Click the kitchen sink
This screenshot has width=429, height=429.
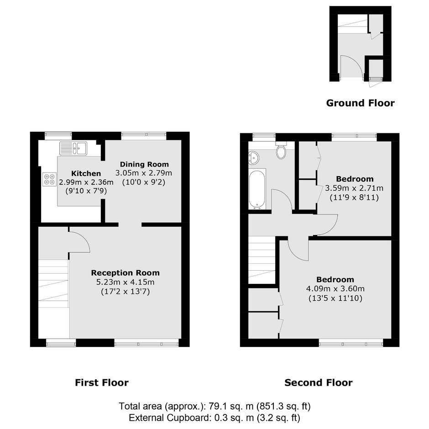point(73,149)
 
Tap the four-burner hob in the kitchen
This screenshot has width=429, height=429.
point(50,179)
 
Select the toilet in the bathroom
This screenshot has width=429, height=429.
point(281,150)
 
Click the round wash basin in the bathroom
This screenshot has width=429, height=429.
point(254,158)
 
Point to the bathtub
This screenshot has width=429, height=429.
point(257,189)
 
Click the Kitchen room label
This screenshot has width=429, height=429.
point(86,173)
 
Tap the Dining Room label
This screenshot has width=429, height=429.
point(144,164)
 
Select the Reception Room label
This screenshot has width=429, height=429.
point(126,273)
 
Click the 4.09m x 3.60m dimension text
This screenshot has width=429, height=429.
point(335,288)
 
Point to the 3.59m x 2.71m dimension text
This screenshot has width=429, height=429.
point(354,188)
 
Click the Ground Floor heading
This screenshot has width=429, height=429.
point(361,103)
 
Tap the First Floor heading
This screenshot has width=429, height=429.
point(102,382)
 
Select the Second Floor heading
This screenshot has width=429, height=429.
point(319,382)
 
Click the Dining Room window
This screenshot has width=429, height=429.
point(144,134)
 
